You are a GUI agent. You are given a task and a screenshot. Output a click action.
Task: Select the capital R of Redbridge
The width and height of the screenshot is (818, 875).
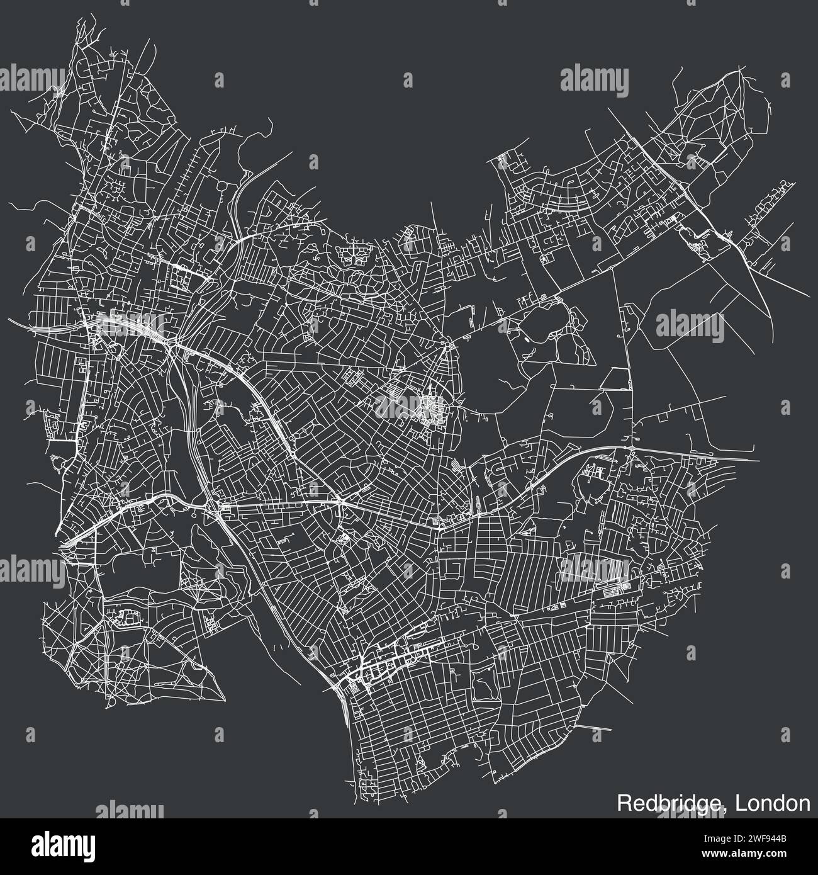click(623, 803)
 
